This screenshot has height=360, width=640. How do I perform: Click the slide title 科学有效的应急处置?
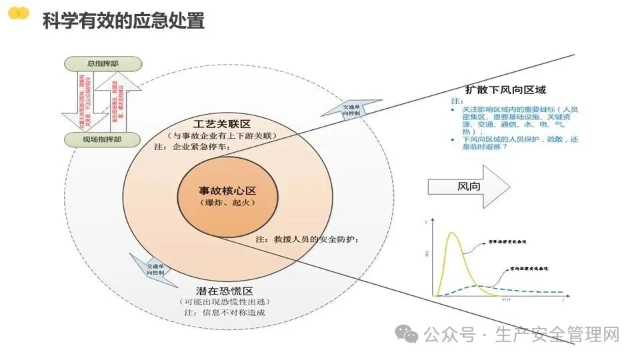pyautogui.click(x=123, y=21)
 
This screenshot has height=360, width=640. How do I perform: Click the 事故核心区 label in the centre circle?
pyautogui.click(x=218, y=190)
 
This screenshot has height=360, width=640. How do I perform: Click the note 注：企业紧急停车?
pyautogui.click(x=192, y=147)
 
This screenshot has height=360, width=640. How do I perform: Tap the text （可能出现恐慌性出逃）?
pyautogui.click(x=224, y=302)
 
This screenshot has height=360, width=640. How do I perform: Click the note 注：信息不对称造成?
pyautogui.click(x=220, y=313)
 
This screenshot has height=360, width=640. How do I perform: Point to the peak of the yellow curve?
pyautogui.click(x=453, y=233)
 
